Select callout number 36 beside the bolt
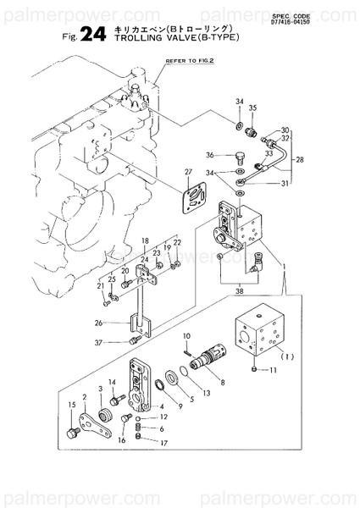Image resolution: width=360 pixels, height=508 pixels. tap(209, 155)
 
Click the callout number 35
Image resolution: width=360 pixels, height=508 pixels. tap(252, 109)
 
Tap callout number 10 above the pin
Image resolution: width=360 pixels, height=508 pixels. tap(186, 337)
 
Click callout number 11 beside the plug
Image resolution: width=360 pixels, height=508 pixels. tap(273, 370)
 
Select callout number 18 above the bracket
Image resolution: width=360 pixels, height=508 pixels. tap(146, 241)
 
